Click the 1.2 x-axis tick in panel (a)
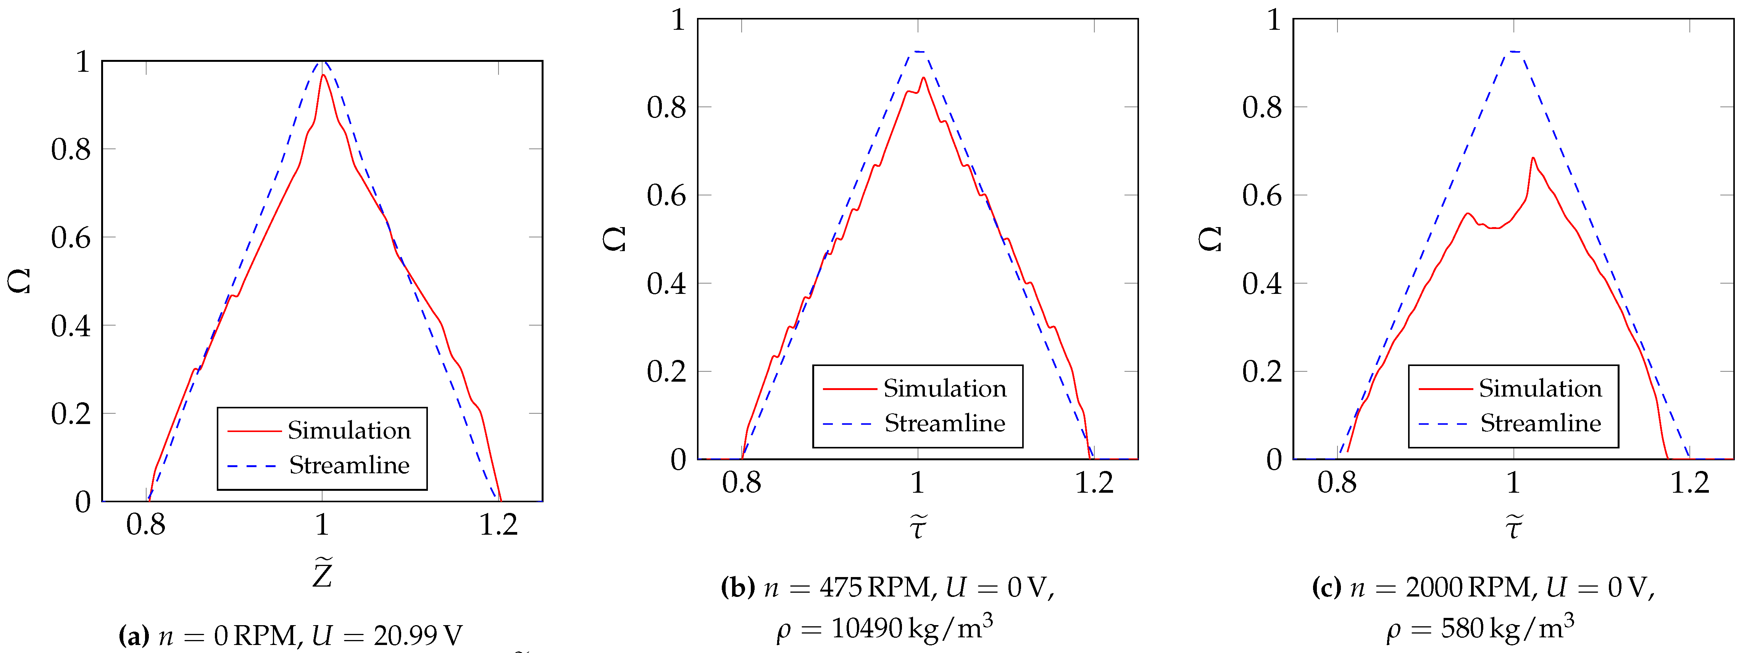(498, 524)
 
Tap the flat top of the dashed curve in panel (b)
(918, 52)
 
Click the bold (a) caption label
(134, 636)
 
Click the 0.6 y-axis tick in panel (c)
(1262, 196)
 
